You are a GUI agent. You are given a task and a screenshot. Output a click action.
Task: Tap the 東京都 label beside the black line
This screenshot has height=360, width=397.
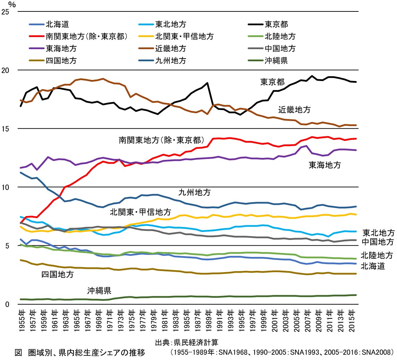[272, 82]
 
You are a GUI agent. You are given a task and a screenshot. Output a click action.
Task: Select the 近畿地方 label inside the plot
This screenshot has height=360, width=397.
[294, 110]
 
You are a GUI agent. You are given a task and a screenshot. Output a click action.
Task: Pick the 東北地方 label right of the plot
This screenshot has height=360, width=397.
[378, 232]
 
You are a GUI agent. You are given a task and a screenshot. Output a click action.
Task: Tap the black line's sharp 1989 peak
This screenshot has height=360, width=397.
[207, 83]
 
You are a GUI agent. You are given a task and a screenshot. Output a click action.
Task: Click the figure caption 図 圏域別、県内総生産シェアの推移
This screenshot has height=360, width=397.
[80, 353]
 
